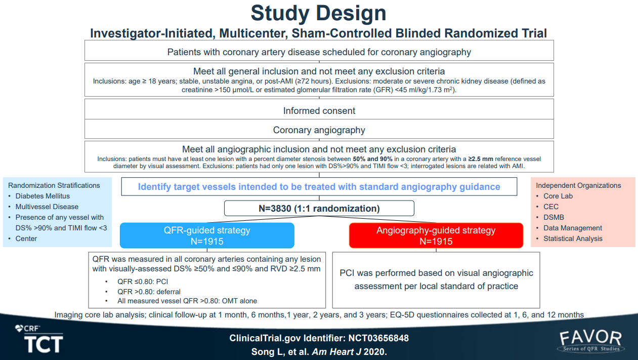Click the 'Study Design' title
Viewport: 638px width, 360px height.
tap(318, 13)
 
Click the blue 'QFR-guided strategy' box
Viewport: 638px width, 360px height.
tap(207, 235)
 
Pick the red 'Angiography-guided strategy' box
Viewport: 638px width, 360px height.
tap(436, 235)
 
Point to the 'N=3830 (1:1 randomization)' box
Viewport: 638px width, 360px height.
tap(319, 209)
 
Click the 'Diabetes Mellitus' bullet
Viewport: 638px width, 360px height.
tap(42, 196)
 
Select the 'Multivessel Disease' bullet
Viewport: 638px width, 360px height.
tap(47, 207)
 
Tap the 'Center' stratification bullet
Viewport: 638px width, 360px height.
tap(26, 238)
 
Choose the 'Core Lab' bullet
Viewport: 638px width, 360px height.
tap(558, 196)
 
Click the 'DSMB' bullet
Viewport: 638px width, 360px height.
tap(554, 217)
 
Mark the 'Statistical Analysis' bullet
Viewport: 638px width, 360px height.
tap(573, 238)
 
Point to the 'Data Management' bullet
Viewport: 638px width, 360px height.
tap(573, 228)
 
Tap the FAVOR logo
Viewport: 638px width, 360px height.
tap(591, 341)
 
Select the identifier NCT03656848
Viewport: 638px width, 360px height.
tap(378, 338)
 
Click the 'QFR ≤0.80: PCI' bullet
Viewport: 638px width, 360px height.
tap(143, 282)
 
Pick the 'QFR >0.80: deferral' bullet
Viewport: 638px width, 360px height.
tap(149, 292)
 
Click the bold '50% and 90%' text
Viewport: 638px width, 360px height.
tap(372, 159)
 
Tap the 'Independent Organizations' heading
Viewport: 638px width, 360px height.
tap(578, 185)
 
